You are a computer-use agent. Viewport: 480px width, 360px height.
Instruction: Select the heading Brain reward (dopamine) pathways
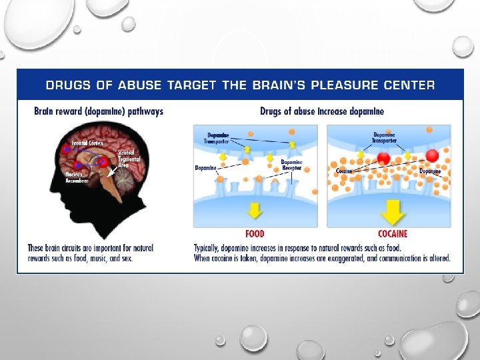(x=99, y=111)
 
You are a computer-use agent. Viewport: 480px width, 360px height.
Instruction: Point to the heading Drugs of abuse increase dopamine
(x=322, y=111)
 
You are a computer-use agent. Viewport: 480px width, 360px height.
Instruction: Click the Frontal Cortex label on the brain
(x=88, y=143)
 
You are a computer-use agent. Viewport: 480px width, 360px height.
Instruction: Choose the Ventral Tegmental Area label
(x=128, y=158)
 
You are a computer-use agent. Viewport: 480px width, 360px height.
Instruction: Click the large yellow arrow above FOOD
(x=255, y=210)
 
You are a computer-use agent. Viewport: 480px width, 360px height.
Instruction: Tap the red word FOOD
(x=255, y=234)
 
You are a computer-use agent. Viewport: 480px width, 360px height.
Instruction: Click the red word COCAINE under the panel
(x=393, y=234)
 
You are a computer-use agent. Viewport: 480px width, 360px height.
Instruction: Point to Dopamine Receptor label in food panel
(x=291, y=165)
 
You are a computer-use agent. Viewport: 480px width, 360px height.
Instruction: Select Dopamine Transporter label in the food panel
(x=217, y=138)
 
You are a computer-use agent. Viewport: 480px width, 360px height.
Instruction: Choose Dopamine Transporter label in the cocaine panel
(x=385, y=138)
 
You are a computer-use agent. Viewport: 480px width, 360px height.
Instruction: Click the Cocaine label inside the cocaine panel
(x=343, y=171)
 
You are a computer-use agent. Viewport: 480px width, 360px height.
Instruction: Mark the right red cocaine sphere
(x=431, y=156)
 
